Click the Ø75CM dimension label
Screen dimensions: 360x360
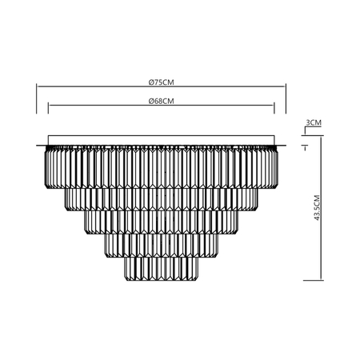[161, 82]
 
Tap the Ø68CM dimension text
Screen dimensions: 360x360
[161, 101]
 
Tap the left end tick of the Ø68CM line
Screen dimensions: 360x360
[48, 110]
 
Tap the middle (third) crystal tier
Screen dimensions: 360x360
[161, 223]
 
